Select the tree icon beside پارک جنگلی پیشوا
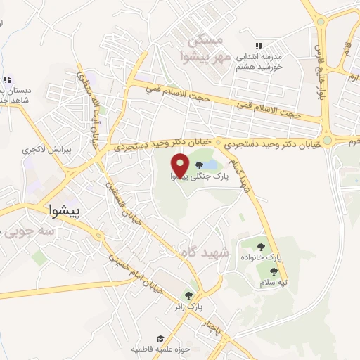[208, 165]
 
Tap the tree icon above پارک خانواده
[262, 247]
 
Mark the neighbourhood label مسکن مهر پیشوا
[201, 45]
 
